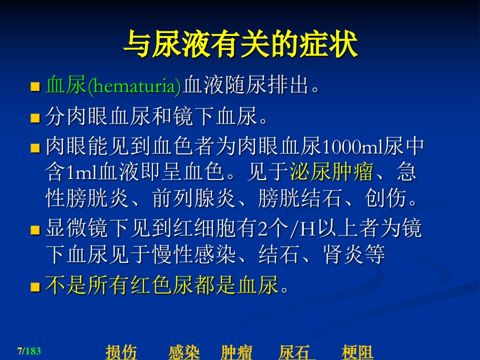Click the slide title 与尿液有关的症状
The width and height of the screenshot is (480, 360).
point(240,44)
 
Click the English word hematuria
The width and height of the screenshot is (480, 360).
point(134,86)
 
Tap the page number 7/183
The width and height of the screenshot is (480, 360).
point(29,351)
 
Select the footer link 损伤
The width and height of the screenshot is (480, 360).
point(121,352)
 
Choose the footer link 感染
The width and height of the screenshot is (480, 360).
point(184,352)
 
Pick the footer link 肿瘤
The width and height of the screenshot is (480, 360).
point(236,352)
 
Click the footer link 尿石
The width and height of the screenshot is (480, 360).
point(294,352)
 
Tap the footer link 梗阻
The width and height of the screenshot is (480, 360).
point(357,352)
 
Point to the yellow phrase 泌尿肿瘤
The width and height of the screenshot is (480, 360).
point(331,171)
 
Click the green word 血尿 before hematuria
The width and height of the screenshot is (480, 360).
point(65,85)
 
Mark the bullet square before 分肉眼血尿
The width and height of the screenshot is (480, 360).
point(35,118)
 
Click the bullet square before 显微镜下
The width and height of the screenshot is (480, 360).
point(35,230)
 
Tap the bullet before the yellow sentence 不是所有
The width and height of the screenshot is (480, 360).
point(35,287)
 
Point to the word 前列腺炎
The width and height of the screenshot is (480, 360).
point(194,198)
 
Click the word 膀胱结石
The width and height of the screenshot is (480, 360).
point(300,198)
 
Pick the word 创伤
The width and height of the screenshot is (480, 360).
point(385,198)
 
